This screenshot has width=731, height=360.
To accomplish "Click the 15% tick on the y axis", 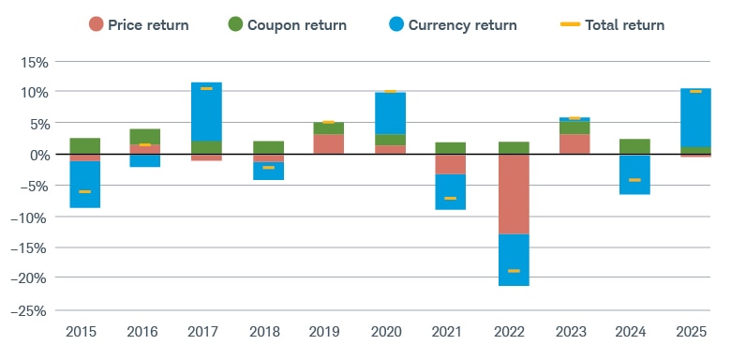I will (34, 62).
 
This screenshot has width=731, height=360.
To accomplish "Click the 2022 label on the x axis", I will (514, 331).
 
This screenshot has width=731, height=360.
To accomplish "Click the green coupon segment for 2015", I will (85, 145).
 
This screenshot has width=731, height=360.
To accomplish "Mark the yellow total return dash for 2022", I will (514, 271).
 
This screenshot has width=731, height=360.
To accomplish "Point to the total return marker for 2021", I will (450, 199).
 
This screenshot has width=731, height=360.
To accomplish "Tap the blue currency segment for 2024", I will (634, 174).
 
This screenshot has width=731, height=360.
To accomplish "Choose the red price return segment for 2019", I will (328, 144).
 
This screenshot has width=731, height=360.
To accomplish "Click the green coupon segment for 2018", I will (267, 147).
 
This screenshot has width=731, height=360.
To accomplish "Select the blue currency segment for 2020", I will (389, 113).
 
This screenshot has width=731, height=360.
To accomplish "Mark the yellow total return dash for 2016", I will (145, 144).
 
